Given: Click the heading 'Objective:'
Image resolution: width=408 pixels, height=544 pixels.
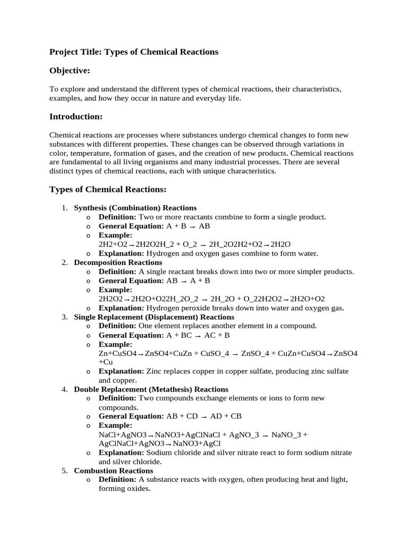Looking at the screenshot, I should (x=70, y=71).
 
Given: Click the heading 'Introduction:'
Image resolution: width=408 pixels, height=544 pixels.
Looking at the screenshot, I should (x=76, y=116).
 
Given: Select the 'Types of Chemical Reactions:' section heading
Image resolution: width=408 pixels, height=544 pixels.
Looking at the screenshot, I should (x=108, y=190).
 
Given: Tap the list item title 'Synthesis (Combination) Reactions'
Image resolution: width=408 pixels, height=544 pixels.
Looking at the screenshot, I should (x=135, y=208).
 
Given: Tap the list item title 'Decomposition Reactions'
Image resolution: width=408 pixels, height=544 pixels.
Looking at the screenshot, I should (x=118, y=262).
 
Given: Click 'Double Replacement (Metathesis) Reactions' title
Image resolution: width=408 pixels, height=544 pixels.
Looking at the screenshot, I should (x=151, y=389).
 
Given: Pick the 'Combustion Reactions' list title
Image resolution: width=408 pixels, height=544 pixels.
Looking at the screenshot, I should (x=114, y=471).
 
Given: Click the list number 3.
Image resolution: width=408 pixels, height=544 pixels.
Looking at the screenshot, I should (x=64, y=317).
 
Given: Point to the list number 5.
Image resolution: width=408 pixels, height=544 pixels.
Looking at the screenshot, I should (x=64, y=471).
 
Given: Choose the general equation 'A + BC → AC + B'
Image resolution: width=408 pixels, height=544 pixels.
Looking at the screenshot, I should (x=198, y=335).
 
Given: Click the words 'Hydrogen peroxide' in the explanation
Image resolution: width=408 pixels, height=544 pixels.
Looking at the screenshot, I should (x=176, y=308).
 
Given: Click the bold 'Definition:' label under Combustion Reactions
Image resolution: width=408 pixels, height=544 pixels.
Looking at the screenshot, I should (x=117, y=480).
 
